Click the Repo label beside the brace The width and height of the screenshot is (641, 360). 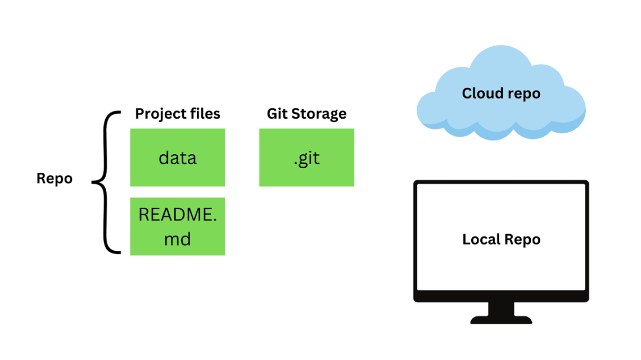pos(55,179)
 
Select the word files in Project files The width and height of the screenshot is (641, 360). pos(203,114)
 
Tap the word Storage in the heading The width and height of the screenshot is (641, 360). pos(319,114)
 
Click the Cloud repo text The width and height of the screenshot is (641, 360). pos(501,93)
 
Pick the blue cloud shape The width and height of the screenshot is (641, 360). pos(444,112)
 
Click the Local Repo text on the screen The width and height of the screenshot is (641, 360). pos(501,240)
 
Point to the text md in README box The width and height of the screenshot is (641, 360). pos(178,239)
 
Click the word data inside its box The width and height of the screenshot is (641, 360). pos(178,158)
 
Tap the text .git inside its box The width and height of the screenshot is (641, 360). pos(306,158)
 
